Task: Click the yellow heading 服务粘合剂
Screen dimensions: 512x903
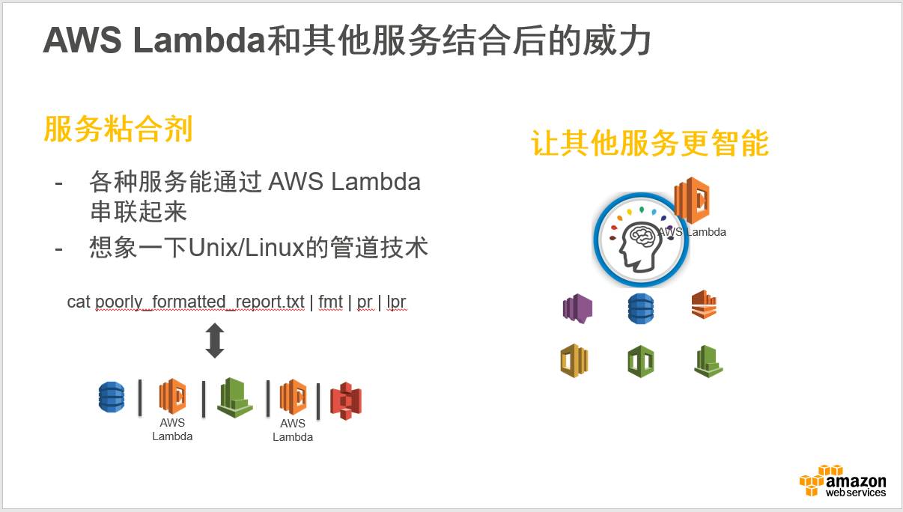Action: (118, 129)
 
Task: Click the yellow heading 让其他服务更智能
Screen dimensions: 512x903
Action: (650, 143)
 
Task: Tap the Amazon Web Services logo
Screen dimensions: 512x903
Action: (842, 481)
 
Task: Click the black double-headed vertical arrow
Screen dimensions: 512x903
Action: (215, 341)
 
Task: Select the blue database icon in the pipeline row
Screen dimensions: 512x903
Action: (112, 397)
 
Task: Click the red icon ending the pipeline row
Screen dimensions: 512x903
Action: (346, 400)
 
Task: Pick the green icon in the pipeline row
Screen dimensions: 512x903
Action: (234, 397)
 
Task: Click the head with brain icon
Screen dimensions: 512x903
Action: (639, 241)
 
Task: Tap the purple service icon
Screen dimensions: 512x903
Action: (577, 308)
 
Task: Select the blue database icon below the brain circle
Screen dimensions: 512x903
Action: (640, 308)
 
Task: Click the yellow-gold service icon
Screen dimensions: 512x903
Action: (574, 361)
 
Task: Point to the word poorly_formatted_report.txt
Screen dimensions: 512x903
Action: (200, 302)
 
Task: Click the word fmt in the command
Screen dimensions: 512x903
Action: (330, 302)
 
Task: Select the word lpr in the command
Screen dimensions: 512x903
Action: (396, 302)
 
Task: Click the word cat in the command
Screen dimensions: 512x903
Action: (79, 302)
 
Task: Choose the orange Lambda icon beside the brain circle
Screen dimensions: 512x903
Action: (692, 200)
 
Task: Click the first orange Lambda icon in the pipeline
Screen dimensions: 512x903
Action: (172, 397)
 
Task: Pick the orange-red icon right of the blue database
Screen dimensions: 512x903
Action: (704, 305)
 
